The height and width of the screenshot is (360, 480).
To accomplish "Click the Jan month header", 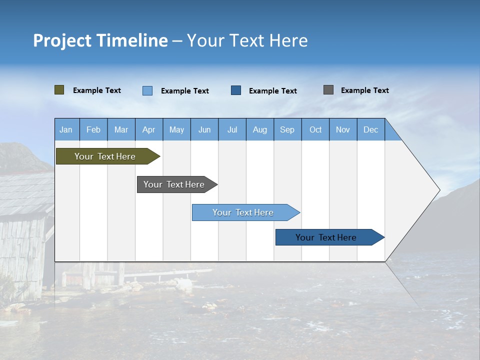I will click(66, 129).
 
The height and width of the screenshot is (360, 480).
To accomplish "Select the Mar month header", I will click(121, 129).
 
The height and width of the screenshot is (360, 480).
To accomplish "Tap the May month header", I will click(176, 129).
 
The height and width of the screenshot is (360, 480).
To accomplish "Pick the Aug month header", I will click(259, 129).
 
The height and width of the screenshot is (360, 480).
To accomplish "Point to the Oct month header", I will click(315, 129).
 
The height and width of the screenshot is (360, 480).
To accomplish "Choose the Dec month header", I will click(370, 129).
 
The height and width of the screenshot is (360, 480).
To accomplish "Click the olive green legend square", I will click(59, 90).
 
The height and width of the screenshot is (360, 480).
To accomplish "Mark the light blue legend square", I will click(147, 90).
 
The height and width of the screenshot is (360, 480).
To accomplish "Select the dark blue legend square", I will click(236, 90).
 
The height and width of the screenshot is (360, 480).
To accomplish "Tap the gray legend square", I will click(328, 90).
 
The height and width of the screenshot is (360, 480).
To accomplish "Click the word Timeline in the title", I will click(131, 40).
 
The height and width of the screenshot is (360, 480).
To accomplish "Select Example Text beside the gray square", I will click(364, 90).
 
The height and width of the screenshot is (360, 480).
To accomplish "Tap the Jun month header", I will click(204, 129).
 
